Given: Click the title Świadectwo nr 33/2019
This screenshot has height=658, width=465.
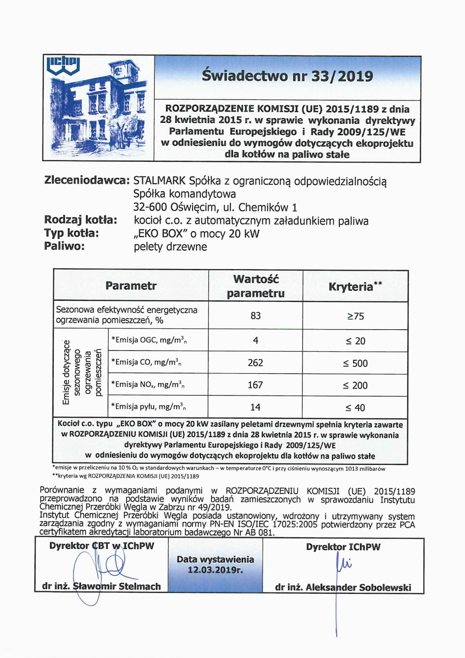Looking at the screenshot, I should click(x=287, y=76).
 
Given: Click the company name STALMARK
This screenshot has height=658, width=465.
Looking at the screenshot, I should click(x=159, y=181).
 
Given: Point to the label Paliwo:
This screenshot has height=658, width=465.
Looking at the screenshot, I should click(x=64, y=246).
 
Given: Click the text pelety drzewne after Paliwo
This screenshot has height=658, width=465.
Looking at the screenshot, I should click(x=170, y=247).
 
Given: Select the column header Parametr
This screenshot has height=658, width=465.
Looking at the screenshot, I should click(x=131, y=286).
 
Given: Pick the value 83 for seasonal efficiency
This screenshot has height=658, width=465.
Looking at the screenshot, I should click(x=255, y=316).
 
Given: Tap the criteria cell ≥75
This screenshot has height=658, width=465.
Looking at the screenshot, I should click(x=355, y=316).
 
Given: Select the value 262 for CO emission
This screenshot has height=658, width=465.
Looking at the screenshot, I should click(x=255, y=363).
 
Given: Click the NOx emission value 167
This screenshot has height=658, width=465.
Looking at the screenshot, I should click(x=255, y=385).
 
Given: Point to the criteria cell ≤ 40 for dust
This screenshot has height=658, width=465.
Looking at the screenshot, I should click(x=355, y=408).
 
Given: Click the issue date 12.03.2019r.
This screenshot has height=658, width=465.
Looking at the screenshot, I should click(x=215, y=570).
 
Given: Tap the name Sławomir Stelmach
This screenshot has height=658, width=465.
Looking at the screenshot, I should click(x=117, y=586).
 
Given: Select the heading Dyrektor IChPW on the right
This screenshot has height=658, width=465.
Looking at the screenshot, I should click(x=343, y=547).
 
